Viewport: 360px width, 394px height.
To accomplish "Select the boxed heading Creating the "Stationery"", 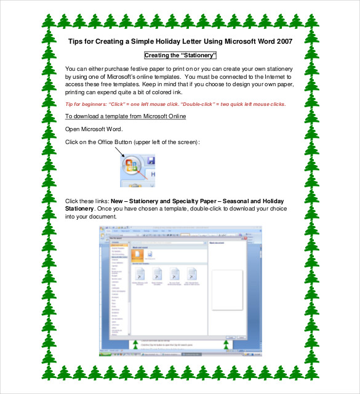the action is click(x=180, y=55).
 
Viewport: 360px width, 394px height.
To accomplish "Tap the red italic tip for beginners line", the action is click(x=175, y=104).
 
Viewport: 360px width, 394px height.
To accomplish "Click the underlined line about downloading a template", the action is click(x=126, y=116).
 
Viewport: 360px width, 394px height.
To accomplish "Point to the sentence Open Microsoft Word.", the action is click(x=94, y=129).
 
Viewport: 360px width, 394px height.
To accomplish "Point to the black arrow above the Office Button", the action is click(x=119, y=151).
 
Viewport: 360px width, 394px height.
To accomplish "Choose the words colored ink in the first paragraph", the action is click(x=154, y=91).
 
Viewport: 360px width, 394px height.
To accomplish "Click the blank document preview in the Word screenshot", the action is click(x=226, y=289).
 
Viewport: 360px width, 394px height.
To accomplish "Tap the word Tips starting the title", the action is click(x=76, y=42).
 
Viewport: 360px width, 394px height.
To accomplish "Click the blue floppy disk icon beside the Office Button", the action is click(x=150, y=161).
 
